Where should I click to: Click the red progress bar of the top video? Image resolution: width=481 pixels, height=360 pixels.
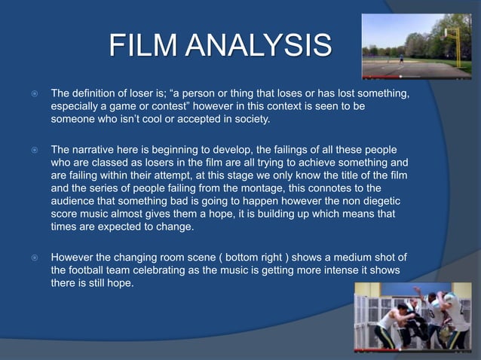384,76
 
